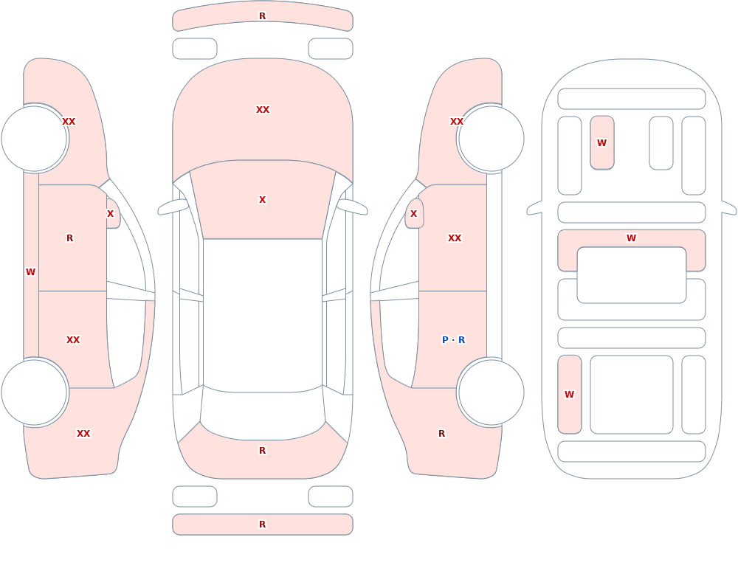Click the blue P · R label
[453, 340]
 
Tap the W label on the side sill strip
[30, 272]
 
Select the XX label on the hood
[263, 110]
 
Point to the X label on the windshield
[263, 200]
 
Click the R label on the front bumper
[263, 16]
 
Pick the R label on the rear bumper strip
[263, 525]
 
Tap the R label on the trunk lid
[263, 451]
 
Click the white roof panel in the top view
[263, 315]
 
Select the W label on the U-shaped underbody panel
[632, 238]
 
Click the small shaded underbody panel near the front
[602, 142]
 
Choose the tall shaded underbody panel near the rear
[570, 395]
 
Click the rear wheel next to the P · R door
[491, 392]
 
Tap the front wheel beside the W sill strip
[35, 139]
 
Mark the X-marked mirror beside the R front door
[113, 214]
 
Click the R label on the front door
[69, 238]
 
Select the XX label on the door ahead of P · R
[455, 238]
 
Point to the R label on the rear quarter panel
[441, 434]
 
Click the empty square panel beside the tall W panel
[632, 395]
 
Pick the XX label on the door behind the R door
[73, 340]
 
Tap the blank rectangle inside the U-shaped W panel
[632, 275]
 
